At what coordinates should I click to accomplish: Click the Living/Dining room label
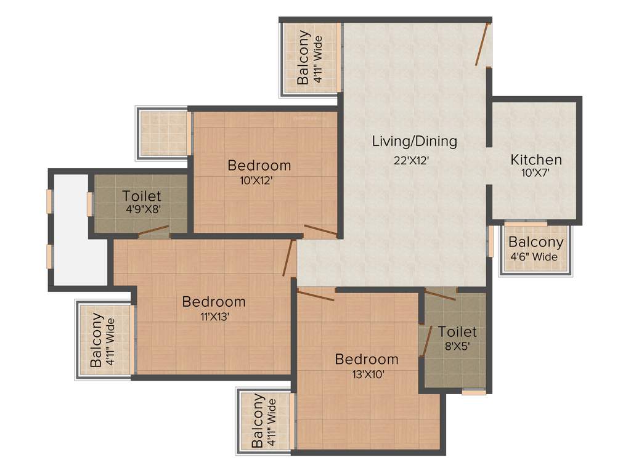coord(415,141)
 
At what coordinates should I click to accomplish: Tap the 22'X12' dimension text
coord(412,160)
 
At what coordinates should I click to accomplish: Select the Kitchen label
coord(536,160)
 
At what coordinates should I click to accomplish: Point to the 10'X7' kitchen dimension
coord(535,173)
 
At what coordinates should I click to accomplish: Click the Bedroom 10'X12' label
coord(259,165)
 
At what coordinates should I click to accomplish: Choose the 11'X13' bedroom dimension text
coord(213,317)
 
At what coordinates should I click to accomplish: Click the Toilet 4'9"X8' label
coord(142,196)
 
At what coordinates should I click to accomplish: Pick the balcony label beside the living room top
coord(311,57)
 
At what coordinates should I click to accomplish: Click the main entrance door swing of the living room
coord(482,44)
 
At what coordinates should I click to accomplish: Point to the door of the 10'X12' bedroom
coord(320,230)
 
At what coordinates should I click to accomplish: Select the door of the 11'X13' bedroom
coord(288,257)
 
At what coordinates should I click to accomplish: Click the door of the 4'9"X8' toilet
coord(153,231)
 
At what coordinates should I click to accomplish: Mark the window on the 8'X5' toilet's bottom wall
coord(474,392)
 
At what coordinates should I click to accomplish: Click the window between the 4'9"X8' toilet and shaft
coord(90,204)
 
